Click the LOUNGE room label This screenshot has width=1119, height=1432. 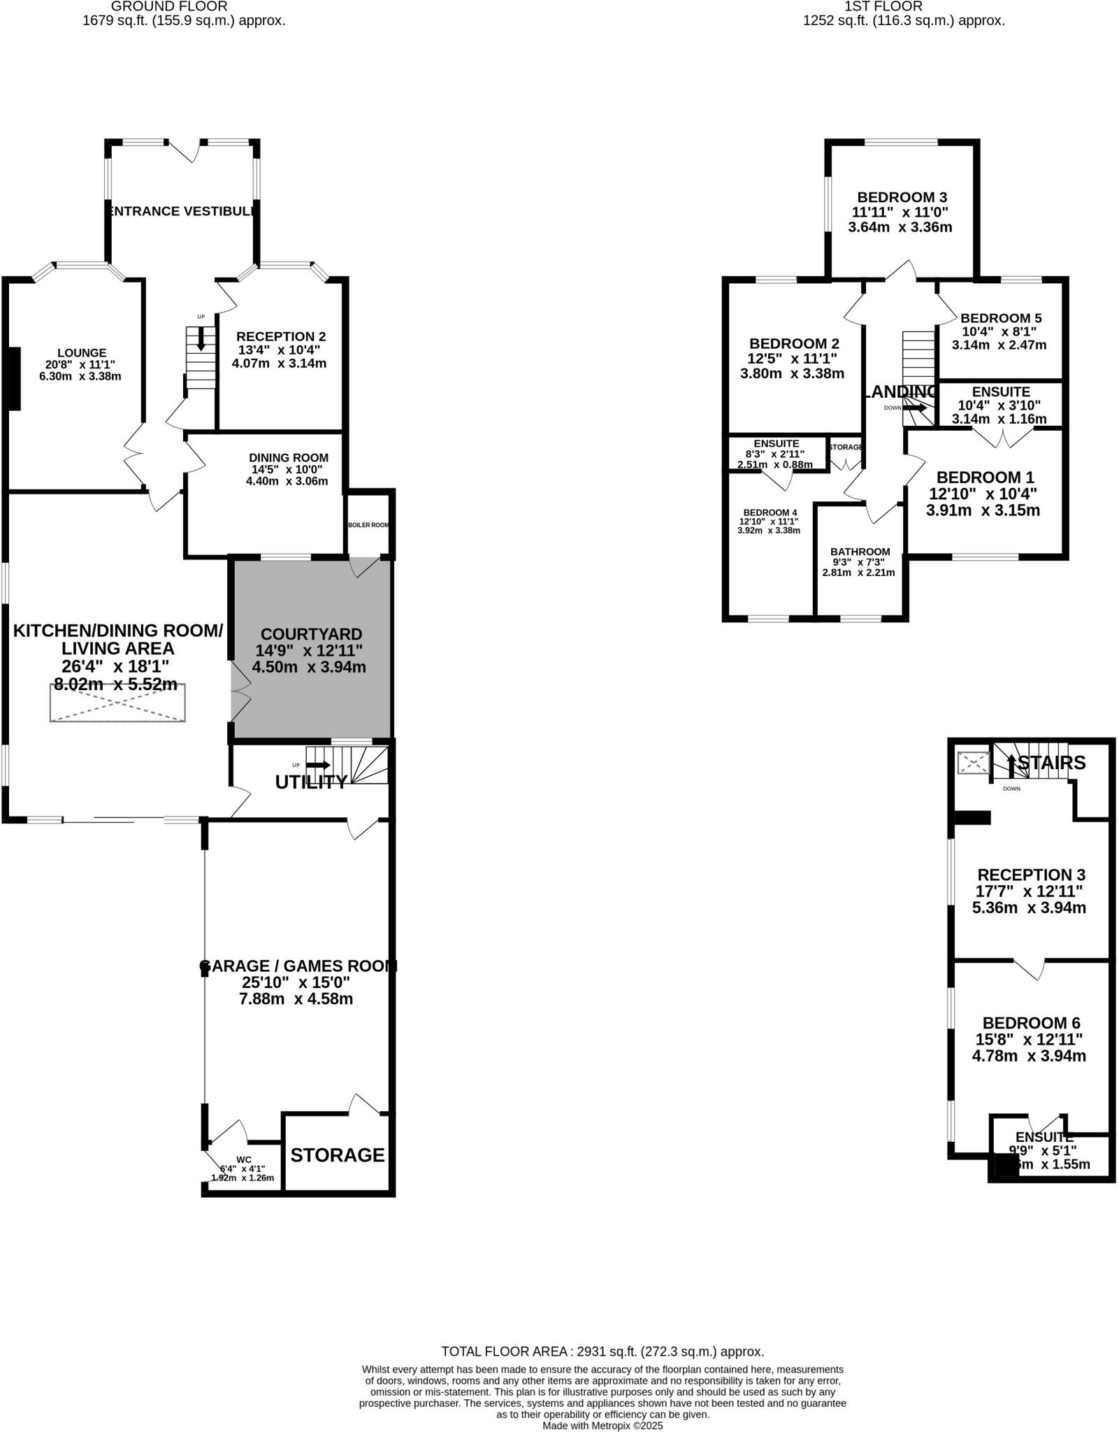point(82,353)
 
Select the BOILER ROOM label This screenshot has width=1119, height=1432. point(368,525)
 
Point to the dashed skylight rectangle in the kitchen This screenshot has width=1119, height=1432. point(117,703)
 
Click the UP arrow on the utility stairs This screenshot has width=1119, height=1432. point(318,765)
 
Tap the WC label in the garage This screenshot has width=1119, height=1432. point(243,1159)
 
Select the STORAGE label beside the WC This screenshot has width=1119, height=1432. point(338,1155)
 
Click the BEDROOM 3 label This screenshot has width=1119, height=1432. point(902,197)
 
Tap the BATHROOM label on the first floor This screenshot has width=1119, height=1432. point(860,552)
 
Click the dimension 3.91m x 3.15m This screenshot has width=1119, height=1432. point(982,510)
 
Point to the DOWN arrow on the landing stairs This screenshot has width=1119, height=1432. point(915,408)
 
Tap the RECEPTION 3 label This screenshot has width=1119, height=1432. point(1030,875)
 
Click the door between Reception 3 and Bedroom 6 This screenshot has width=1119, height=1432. point(1029,969)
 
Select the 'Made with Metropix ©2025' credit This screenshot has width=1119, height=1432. point(602,1425)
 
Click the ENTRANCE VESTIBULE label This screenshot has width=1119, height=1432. point(183,211)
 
